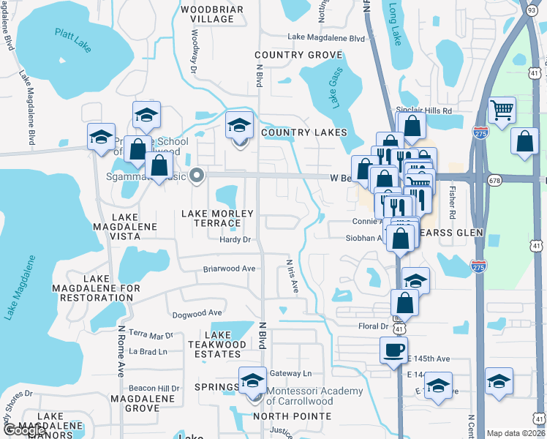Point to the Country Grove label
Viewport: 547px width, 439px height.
tap(298, 56)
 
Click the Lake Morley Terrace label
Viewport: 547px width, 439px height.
tap(218, 218)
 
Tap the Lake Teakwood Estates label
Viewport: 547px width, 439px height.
tap(217, 349)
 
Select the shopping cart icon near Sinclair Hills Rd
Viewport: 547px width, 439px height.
tap(502, 111)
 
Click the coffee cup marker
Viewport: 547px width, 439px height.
tap(393, 349)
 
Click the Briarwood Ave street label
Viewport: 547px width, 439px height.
tap(229, 269)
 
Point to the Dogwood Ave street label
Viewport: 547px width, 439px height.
tap(197, 313)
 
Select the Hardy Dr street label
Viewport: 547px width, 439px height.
tap(235, 239)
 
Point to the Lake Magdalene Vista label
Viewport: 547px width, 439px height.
tap(124, 222)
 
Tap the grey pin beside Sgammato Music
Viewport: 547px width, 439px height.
tap(196, 175)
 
